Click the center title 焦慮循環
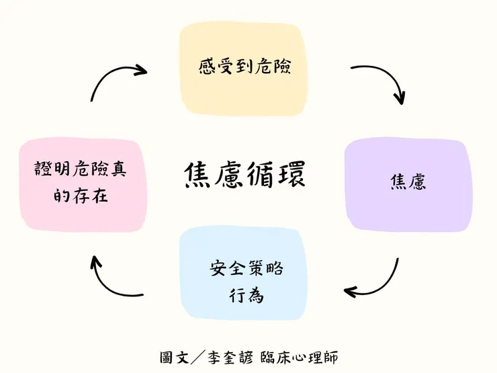click(x=244, y=176)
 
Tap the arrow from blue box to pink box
click(x=111, y=279)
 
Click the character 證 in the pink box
click(x=42, y=169)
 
